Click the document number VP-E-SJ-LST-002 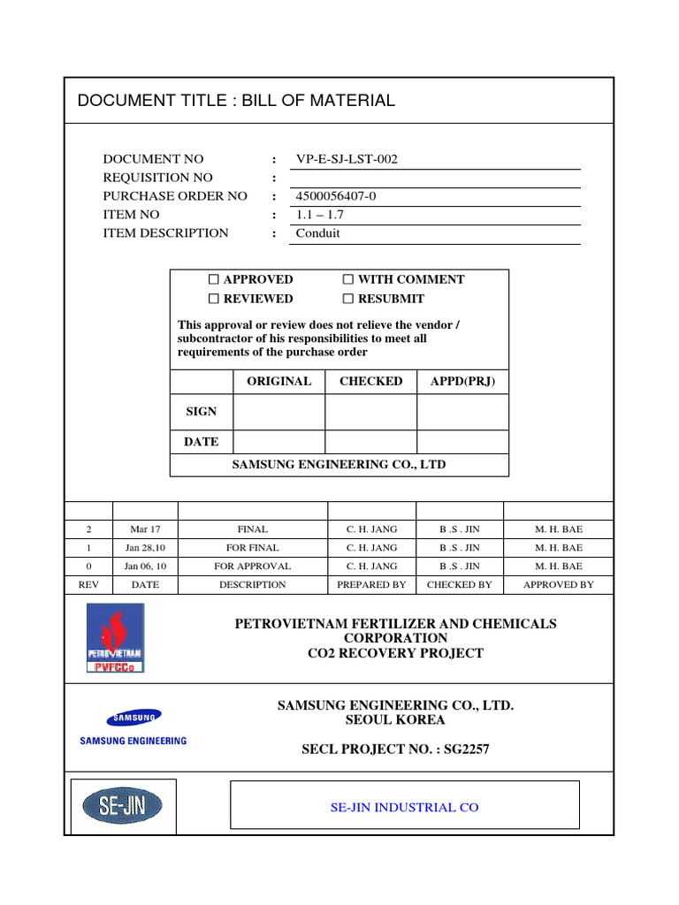(x=347, y=160)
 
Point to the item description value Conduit (x=317, y=233)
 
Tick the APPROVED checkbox (x=214, y=280)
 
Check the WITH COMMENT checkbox (x=348, y=280)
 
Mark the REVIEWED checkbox (x=214, y=300)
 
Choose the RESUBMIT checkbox (x=348, y=300)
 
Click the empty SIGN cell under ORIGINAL (x=278, y=412)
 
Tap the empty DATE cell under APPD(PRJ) (x=462, y=442)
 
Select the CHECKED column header (x=370, y=382)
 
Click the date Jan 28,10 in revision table (x=145, y=548)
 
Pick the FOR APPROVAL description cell (x=252, y=567)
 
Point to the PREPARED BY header (x=371, y=585)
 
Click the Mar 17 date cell (x=145, y=529)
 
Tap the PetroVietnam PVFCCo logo (x=115, y=638)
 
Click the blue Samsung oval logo (x=134, y=717)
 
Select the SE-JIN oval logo (x=122, y=805)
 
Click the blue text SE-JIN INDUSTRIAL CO (x=404, y=808)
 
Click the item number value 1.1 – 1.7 (x=321, y=215)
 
